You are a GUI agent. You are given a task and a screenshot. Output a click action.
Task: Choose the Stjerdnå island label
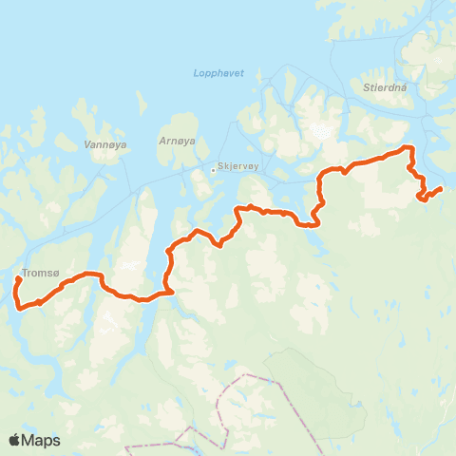384,86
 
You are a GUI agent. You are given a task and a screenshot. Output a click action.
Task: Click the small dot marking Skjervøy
213,171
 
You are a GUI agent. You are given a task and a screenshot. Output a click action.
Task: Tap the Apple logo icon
14,440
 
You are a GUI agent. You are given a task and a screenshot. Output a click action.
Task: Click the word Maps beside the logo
42,440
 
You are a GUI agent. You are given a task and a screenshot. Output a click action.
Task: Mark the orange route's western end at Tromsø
18,279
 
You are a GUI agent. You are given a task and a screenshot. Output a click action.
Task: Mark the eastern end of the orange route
442,188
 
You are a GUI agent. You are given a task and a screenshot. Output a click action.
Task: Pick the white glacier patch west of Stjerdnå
324,131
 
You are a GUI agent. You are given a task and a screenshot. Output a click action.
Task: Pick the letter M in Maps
29,440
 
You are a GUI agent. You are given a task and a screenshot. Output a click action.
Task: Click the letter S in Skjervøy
220,163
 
